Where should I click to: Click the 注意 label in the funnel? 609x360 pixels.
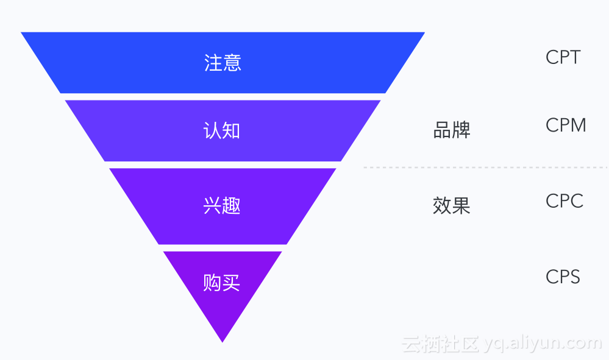click(223, 63)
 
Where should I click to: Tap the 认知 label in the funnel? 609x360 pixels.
click(222, 130)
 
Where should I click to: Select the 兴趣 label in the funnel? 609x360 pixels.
click(222, 206)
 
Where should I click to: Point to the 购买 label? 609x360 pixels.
click(222, 282)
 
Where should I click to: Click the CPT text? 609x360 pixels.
click(563, 57)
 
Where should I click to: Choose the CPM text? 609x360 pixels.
click(566, 125)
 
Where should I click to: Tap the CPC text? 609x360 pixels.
click(564, 201)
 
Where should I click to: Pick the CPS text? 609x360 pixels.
click(563, 277)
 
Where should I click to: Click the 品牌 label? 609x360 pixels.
click(452, 130)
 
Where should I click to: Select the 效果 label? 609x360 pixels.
click(452, 206)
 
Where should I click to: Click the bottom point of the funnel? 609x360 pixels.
click(223, 340)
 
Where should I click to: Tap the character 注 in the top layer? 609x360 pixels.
click(213, 63)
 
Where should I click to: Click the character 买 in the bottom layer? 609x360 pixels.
click(231, 282)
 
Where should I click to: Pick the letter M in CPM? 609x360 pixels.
click(579, 125)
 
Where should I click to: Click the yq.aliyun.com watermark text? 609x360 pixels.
click(543, 343)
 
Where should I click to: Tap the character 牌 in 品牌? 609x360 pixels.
click(461, 130)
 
